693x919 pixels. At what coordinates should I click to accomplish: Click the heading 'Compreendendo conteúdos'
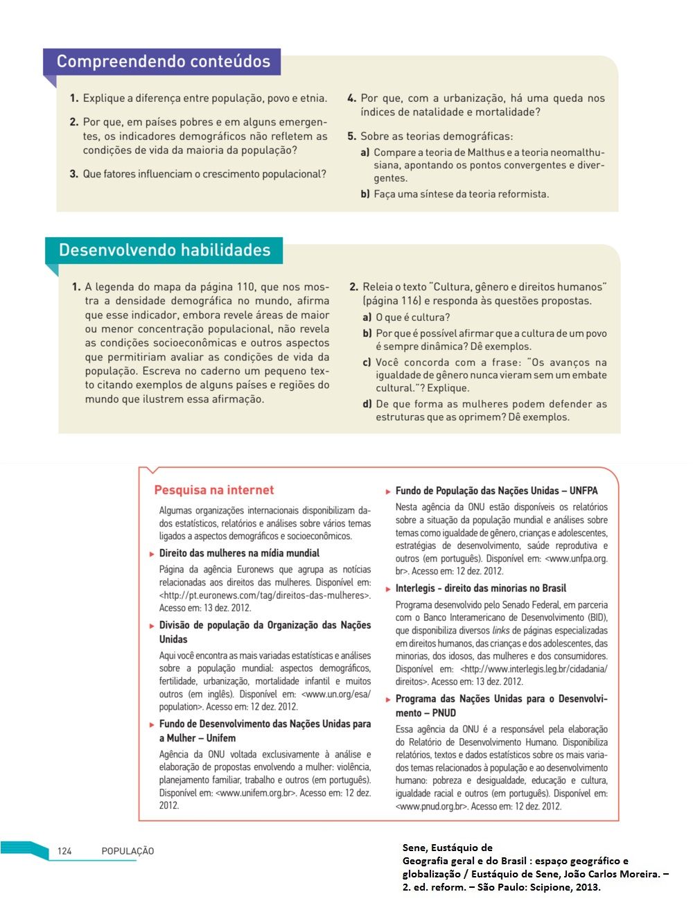[163, 62]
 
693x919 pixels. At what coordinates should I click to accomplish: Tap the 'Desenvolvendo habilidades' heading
[164, 250]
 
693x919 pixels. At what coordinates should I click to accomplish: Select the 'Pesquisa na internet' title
[214, 490]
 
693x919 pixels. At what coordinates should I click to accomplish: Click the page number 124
[64, 851]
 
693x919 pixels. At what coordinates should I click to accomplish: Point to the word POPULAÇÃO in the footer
[128, 851]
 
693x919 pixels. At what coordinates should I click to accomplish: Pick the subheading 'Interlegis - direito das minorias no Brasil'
[480, 588]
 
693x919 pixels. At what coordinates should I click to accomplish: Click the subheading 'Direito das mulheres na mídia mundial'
[239, 553]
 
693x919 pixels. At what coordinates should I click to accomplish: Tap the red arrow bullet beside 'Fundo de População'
[388, 491]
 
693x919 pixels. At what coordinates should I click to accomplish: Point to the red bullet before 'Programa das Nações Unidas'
[388, 699]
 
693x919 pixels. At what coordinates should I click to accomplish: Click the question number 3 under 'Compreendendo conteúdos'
[73, 174]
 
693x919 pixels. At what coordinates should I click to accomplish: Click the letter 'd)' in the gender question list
[367, 404]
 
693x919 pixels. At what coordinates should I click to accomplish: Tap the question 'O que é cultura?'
[412, 317]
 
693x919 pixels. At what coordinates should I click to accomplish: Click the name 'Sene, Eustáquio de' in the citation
[447, 848]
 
